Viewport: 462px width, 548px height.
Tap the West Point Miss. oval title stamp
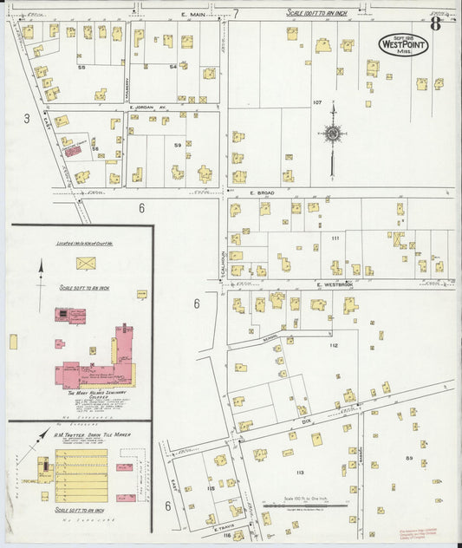[x=402, y=44]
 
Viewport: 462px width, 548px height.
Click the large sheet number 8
[x=434, y=23]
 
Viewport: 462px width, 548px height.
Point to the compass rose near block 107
[x=333, y=134]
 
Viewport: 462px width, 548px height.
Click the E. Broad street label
[x=262, y=192]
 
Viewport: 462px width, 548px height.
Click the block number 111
[x=335, y=237]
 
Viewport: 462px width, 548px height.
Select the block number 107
[x=317, y=102]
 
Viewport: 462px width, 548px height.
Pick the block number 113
[x=300, y=472]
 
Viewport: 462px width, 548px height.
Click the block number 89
[x=408, y=457]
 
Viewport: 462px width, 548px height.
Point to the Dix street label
[x=305, y=421]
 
